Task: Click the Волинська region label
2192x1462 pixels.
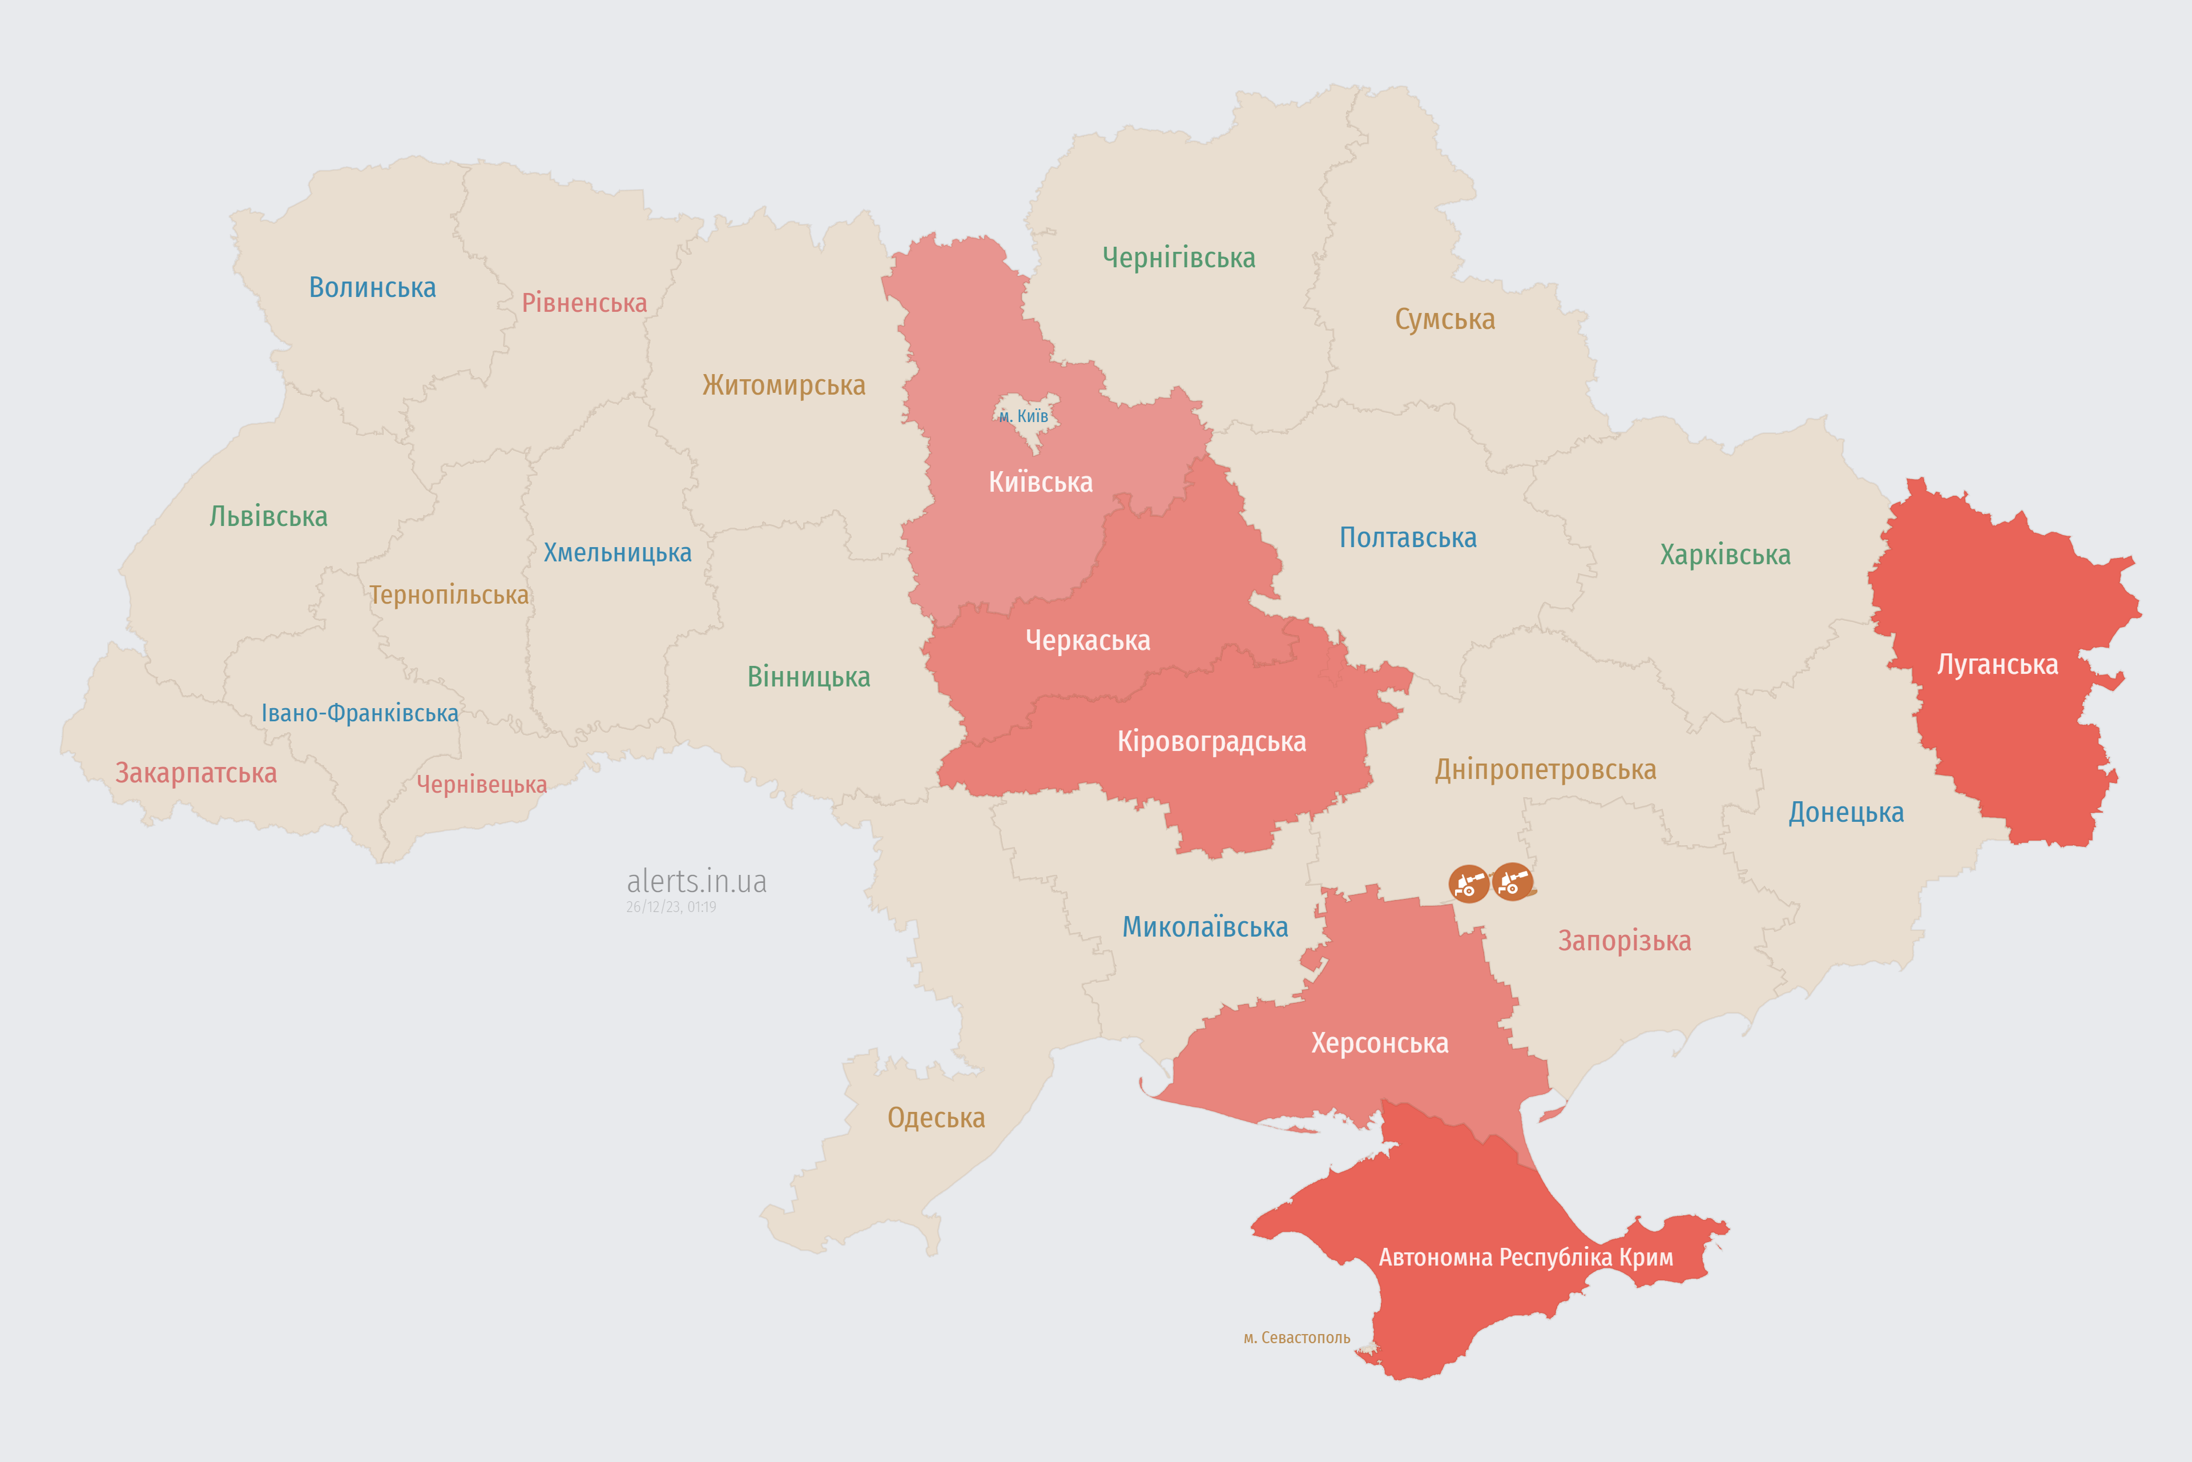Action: (x=372, y=287)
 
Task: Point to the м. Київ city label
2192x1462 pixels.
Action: (x=1024, y=416)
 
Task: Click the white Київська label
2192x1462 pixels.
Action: (x=1040, y=482)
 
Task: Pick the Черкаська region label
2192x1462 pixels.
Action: (x=1087, y=641)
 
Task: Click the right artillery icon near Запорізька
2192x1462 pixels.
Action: (x=1512, y=881)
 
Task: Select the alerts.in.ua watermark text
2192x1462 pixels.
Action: (x=696, y=881)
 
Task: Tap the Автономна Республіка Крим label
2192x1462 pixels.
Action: (x=1526, y=1258)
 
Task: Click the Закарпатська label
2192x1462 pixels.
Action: (x=196, y=773)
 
